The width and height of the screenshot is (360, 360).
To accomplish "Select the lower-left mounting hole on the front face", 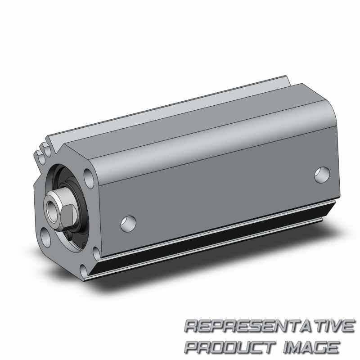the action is click(x=46, y=238).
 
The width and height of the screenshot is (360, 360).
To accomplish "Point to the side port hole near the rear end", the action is click(x=322, y=175).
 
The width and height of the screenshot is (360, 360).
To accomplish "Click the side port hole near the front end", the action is click(x=128, y=223).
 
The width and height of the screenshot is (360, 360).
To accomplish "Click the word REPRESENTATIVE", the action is click(x=270, y=326).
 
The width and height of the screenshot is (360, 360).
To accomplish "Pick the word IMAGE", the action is click(x=311, y=347).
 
